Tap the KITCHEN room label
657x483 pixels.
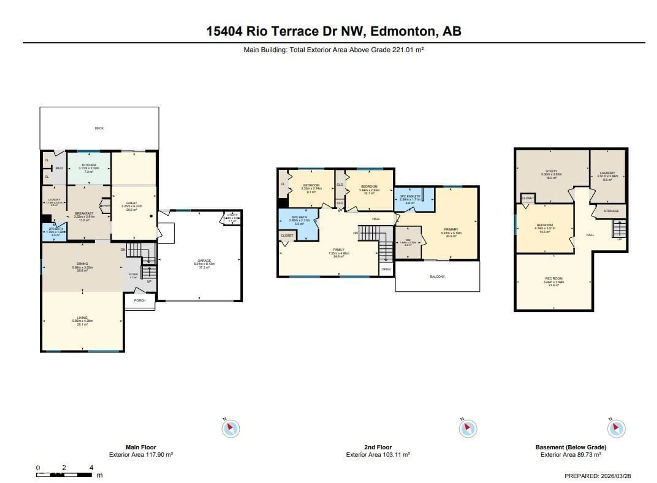coord(89,165)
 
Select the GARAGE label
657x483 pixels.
coord(204,261)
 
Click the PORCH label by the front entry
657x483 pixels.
coord(140,300)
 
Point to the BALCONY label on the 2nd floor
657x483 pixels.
coord(437,276)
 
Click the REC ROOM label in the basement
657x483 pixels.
coord(554,278)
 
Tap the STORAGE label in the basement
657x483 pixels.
coord(611,211)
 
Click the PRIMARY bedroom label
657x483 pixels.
coord(451,229)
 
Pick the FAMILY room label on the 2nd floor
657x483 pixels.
coord(339,250)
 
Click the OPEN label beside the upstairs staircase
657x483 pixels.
coord(386,269)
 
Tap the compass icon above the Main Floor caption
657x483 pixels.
coord(231,429)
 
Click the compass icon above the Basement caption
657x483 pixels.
coord(616,429)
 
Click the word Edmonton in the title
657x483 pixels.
coord(404,31)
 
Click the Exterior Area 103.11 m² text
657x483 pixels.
coord(378,455)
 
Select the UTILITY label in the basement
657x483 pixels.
coord(551,171)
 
